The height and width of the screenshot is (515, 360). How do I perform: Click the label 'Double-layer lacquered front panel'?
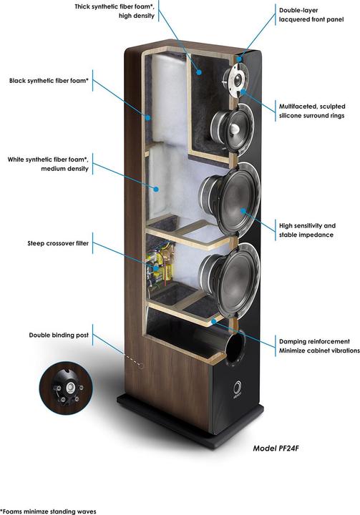pos(311,15)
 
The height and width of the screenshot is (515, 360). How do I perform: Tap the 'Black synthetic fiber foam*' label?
pos(49,80)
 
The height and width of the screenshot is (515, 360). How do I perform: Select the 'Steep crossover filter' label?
pos(58,243)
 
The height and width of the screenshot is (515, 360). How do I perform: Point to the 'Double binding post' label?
pos(59,335)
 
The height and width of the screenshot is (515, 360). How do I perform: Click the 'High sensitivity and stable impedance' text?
pos(307,230)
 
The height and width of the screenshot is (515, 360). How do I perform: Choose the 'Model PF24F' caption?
pos(276,448)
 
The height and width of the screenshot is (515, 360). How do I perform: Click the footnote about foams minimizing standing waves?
pos(48,511)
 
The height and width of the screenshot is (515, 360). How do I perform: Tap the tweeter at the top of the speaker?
pos(235,79)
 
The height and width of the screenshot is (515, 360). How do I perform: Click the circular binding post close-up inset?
pos(66,387)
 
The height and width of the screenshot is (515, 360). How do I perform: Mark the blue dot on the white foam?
pos(157,189)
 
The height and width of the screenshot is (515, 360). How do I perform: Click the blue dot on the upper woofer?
pos(243,210)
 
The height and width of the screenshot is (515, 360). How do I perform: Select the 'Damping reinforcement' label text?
pos(314,341)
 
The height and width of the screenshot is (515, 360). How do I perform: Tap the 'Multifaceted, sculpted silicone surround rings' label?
pos(312,111)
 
